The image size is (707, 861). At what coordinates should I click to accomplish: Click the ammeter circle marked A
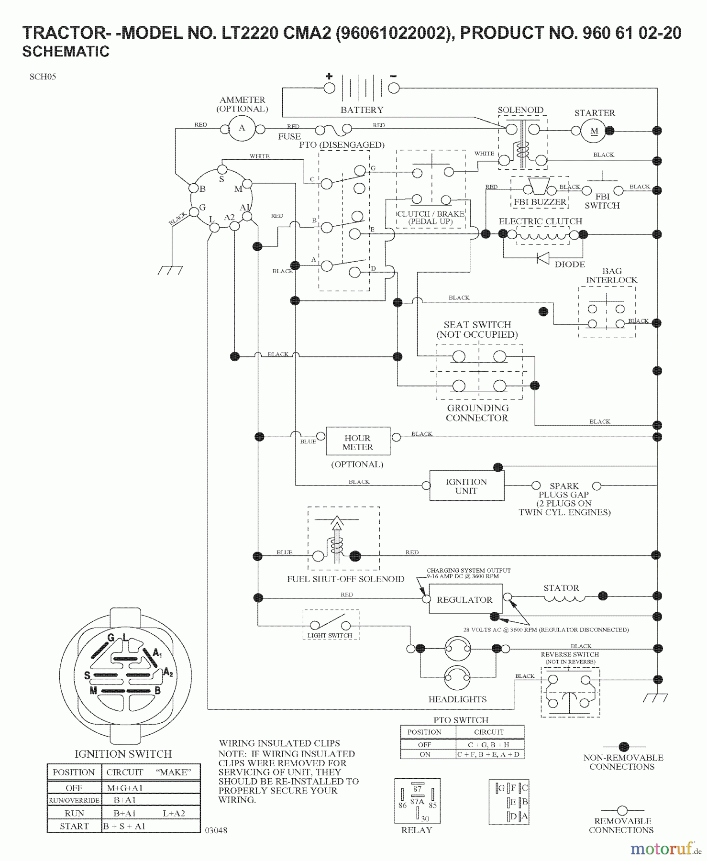[x=242, y=128]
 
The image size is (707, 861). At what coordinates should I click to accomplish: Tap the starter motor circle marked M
[x=594, y=131]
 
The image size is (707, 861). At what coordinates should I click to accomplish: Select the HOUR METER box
[x=357, y=442]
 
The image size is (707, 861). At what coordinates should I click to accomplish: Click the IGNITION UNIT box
[x=466, y=486]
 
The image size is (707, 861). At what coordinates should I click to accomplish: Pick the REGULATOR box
[x=464, y=600]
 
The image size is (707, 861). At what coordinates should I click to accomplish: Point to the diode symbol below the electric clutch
[x=543, y=258]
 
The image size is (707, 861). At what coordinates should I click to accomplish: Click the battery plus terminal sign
[x=329, y=76]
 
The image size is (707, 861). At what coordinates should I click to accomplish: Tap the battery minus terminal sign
[x=393, y=76]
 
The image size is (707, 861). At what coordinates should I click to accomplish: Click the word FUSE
[x=289, y=136]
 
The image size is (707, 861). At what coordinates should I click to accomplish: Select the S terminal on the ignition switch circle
[x=222, y=170]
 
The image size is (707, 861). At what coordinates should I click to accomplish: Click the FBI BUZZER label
[x=540, y=202]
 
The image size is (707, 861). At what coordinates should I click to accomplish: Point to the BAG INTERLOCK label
[x=611, y=276]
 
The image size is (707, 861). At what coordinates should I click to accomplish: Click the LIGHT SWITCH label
[x=330, y=636]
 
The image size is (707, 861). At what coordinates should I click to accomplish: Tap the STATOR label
[x=561, y=588]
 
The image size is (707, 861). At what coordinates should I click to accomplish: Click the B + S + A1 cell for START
[x=124, y=826]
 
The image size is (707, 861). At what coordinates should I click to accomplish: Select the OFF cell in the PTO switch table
[x=424, y=745]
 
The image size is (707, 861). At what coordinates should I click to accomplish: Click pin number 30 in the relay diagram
[x=425, y=819]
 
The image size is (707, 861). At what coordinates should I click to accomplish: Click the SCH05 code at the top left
[x=43, y=77]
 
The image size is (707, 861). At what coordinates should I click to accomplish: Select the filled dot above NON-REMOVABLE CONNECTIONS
[x=623, y=747]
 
